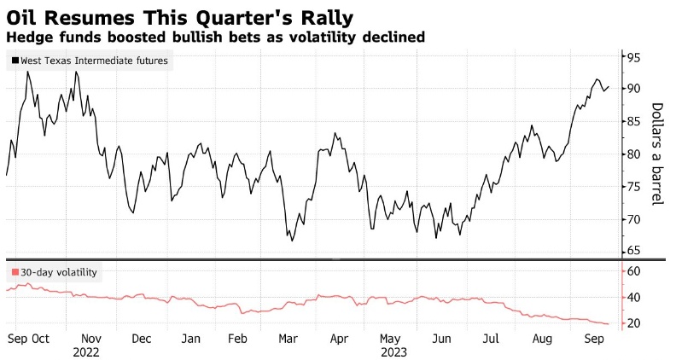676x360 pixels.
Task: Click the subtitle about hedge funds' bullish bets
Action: [x=215, y=38]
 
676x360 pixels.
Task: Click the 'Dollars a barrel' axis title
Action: [x=657, y=154]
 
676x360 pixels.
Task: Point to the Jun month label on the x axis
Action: [x=443, y=338]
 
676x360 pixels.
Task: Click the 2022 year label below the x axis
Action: [x=87, y=351]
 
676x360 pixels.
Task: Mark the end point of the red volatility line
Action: [x=609, y=324]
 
